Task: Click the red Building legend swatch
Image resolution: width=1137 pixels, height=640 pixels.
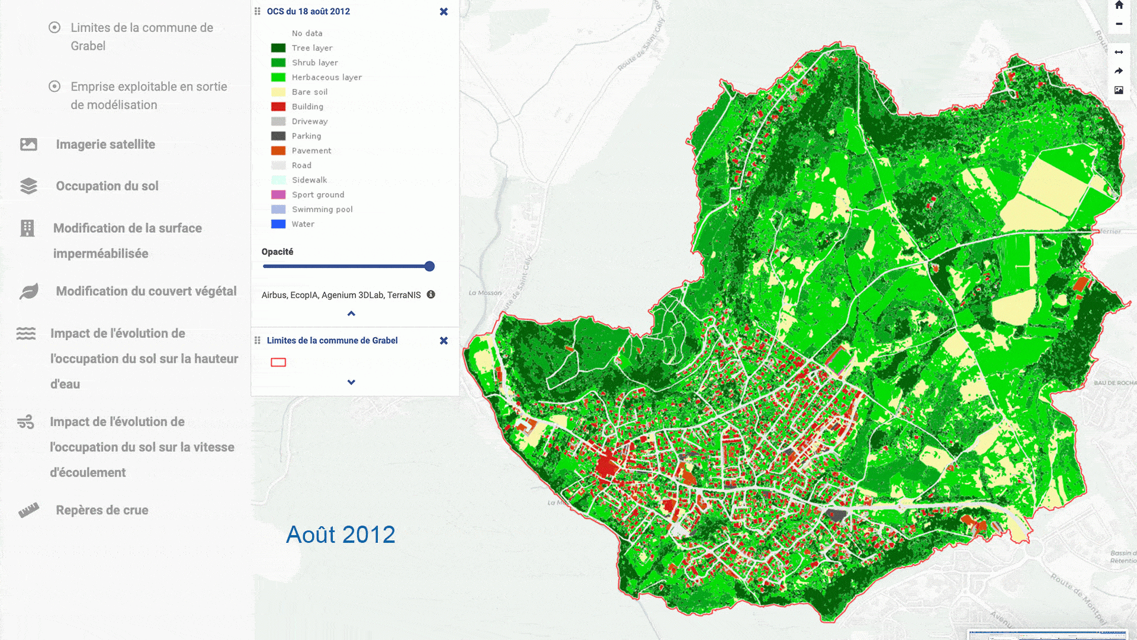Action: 278,107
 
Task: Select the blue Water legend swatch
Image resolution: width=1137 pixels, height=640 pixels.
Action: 278,224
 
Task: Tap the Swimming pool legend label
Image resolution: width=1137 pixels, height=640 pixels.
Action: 322,209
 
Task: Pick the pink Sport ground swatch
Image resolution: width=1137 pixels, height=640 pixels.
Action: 278,194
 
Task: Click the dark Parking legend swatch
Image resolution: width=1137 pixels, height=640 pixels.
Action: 278,136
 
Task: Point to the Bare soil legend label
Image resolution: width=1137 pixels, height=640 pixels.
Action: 309,92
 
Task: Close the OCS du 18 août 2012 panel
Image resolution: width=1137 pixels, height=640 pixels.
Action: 444,12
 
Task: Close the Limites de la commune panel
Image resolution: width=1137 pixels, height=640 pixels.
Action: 444,341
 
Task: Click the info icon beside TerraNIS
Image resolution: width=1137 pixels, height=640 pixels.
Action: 431,295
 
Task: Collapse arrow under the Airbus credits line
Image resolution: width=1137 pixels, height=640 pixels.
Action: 351,313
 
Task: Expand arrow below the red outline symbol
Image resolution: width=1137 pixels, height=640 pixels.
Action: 351,382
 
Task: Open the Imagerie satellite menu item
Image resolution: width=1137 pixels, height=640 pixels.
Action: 105,145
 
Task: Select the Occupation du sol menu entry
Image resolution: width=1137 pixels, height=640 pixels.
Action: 107,186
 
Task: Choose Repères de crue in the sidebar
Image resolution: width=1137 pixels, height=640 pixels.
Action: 102,510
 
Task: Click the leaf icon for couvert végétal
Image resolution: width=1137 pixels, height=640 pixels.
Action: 28,291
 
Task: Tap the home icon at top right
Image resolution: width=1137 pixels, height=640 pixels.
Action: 1119,5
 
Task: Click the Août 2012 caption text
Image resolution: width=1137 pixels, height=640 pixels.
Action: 341,535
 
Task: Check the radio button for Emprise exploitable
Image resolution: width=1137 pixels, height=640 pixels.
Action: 54,87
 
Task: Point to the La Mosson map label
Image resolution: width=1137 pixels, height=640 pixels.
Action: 485,293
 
